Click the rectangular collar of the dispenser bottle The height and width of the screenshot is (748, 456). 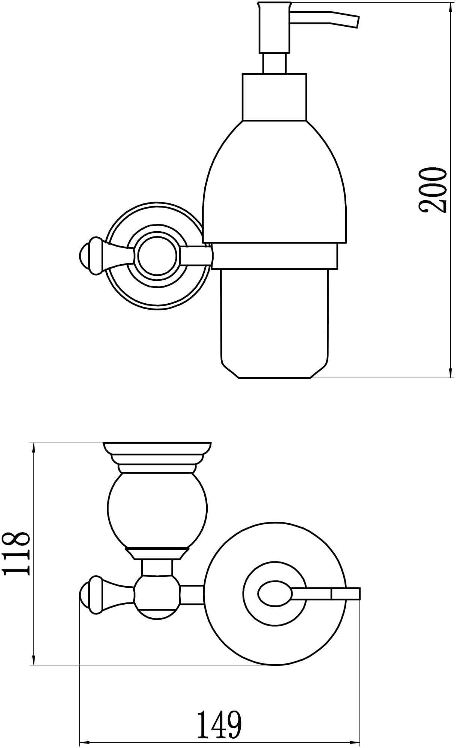[x=275, y=97]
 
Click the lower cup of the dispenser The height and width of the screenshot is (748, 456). [x=275, y=323]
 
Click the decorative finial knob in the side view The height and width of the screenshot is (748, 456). [x=94, y=256]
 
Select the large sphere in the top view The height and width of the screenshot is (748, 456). [x=157, y=511]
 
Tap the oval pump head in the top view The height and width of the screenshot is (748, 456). [x=275, y=594]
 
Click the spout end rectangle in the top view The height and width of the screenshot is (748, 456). [x=346, y=594]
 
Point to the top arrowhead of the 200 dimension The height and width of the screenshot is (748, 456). [x=450, y=8]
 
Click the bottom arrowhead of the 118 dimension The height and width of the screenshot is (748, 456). [x=34, y=658]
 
